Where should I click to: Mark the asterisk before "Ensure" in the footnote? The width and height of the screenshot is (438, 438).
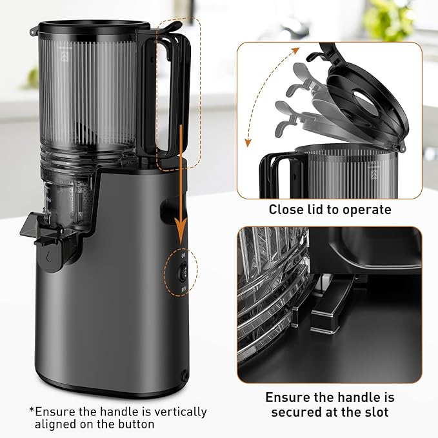32,411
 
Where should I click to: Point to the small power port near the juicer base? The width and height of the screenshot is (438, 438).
186,373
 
